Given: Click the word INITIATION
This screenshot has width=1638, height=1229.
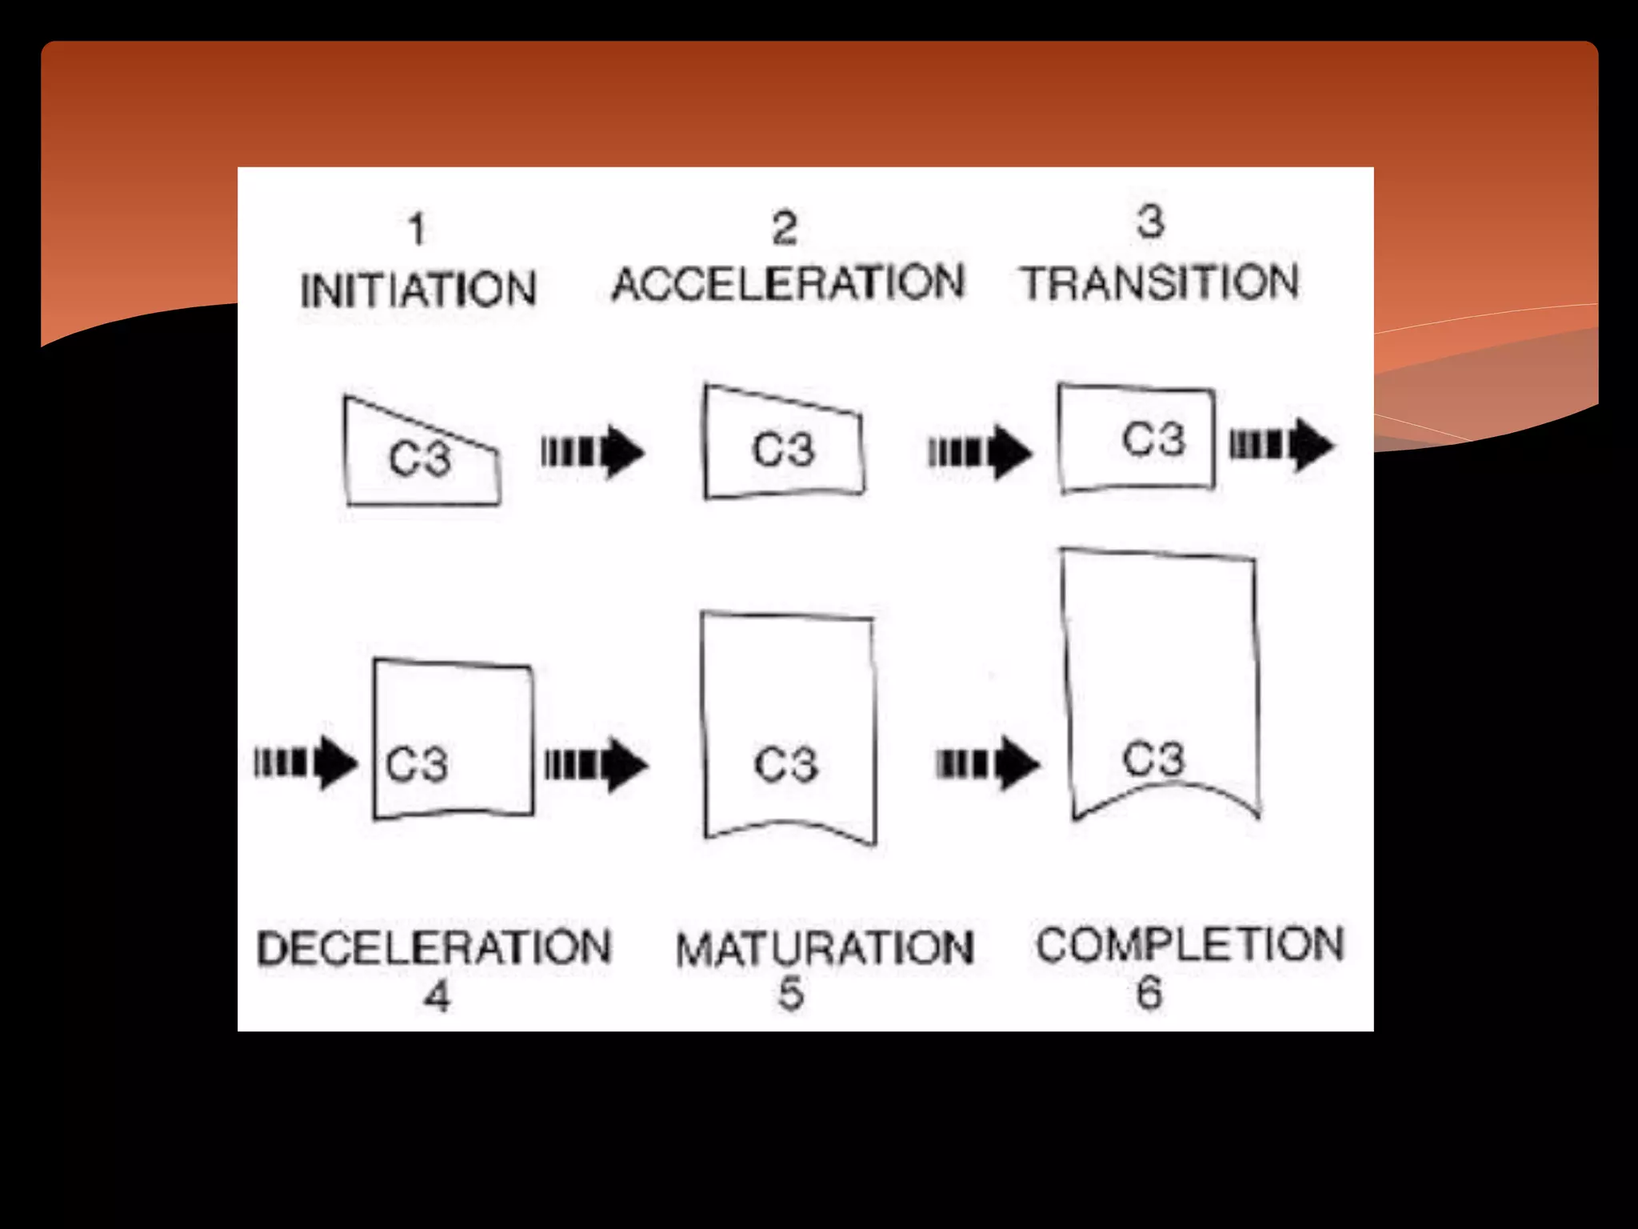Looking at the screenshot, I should tap(417, 290).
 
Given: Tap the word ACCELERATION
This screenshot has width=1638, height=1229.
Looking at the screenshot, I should tap(788, 283).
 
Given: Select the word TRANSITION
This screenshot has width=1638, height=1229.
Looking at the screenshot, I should tap(1160, 283).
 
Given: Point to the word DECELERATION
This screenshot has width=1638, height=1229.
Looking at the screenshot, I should tap(434, 947).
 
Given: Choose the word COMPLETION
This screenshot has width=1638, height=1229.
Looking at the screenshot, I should tap(1189, 944).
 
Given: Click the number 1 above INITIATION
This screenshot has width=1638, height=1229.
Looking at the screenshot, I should tap(416, 230).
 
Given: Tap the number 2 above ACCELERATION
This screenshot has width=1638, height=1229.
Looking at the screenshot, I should tap(785, 228).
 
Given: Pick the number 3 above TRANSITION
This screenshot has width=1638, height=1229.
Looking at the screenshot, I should tap(1150, 222).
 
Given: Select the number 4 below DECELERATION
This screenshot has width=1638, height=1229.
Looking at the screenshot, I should tap(437, 997).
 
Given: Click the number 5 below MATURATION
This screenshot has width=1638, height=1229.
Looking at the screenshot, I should tap(791, 995).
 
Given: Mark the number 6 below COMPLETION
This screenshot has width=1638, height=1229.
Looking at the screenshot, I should tap(1149, 993).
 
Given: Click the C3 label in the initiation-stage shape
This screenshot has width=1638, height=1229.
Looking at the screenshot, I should tap(420, 459).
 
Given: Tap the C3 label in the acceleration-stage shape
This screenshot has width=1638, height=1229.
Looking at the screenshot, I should tap(783, 449).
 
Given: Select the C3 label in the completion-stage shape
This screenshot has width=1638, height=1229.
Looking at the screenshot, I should tap(1153, 758).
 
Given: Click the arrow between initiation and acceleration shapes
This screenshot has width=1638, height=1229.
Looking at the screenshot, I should tap(593, 452).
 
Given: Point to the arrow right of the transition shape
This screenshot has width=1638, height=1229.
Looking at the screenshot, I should tap(1281, 445).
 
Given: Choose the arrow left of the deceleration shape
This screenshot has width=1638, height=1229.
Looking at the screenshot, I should tap(306, 763).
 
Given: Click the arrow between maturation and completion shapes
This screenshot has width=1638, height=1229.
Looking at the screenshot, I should tap(988, 764).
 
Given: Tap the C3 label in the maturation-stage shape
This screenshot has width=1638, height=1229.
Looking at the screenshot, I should tap(785, 764).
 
